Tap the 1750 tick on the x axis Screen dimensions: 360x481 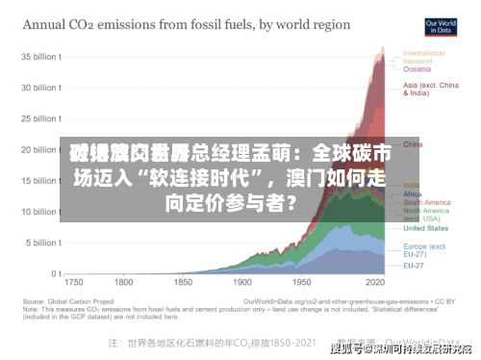[73, 285]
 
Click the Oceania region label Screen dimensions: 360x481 [417, 68]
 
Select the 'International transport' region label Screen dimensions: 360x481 [424, 56]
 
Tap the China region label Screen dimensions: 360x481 [412, 143]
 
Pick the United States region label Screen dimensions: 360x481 [423, 228]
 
